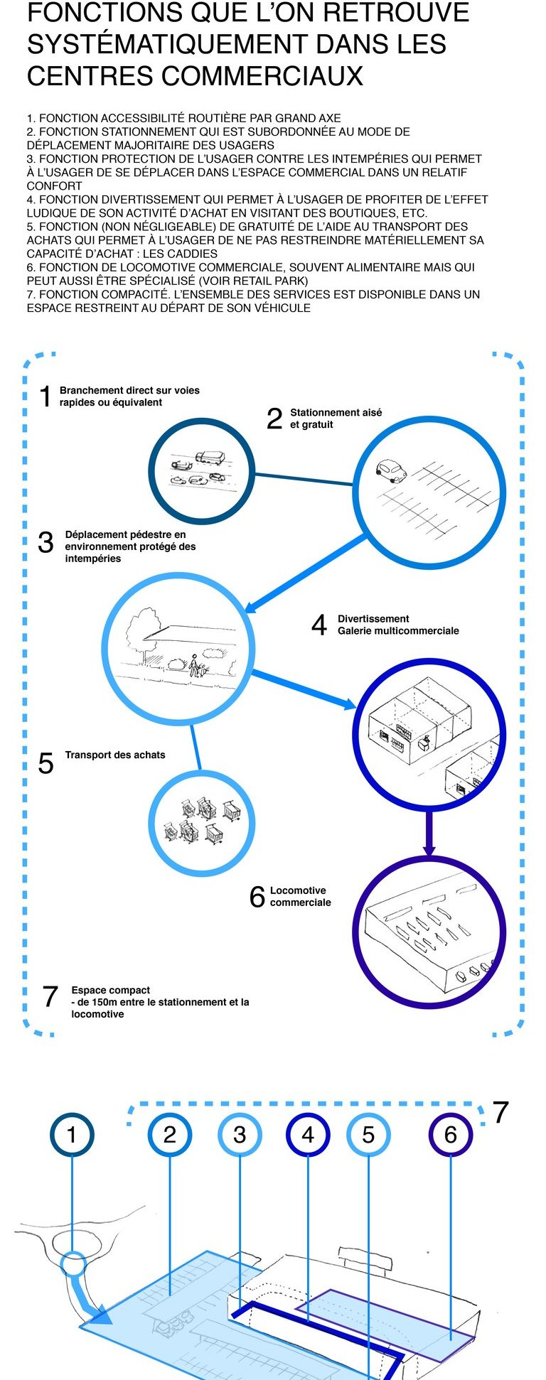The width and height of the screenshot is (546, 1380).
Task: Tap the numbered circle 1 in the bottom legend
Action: coord(72,1134)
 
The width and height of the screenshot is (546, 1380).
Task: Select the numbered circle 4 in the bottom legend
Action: coord(308,1134)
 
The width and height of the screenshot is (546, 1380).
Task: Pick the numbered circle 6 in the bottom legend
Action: coord(450,1134)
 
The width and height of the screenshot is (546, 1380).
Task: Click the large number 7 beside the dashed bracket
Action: coord(500,1113)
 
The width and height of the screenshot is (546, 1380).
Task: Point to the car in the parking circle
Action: coord(390,470)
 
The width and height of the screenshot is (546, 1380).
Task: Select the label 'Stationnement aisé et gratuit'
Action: coord(335,419)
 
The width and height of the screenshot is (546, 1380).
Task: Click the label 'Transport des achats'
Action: coord(114,755)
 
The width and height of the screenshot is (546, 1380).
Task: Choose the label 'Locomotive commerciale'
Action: coord(300,896)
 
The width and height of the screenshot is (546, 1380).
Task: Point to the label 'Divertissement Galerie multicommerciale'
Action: coord(397,625)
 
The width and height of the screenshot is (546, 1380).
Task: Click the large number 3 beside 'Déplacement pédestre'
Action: coord(45,542)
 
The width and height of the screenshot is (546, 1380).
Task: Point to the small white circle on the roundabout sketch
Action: coord(72,1264)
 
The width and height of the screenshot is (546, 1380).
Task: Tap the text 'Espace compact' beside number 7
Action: coord(110,990)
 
